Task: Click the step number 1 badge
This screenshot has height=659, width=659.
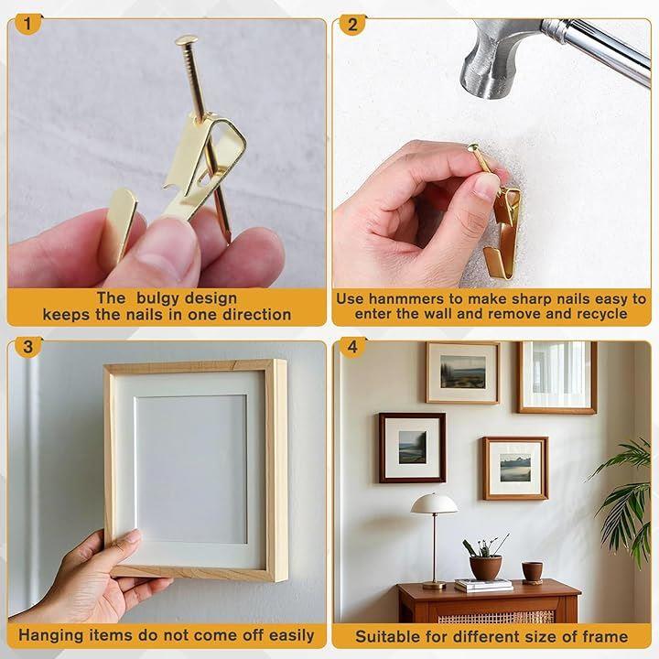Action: pyautogui.click(x=27, y=24)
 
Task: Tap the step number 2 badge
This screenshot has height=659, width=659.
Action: pyautogui.click(x=352, y=25)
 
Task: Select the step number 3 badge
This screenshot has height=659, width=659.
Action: pyautogui.click(x=27, y=347)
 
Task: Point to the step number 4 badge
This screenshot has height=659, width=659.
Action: pyautogui.click(x=352, y=347)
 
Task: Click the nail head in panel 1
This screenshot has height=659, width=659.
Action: pyautogui.click(x=187, y=40)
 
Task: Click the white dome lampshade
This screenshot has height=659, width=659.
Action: pyautogui.click(x=434, y=503)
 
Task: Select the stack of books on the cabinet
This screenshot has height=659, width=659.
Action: pyautogui.click(x=483, y=585)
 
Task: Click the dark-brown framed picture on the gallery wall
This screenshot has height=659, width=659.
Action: pyautogui.click(x=412, y=448)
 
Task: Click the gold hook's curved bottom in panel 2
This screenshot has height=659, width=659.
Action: pyautogui.click(x=499, y=265)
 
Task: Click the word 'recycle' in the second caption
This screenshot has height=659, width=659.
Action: pyautogui.click(x=602, y=314)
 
